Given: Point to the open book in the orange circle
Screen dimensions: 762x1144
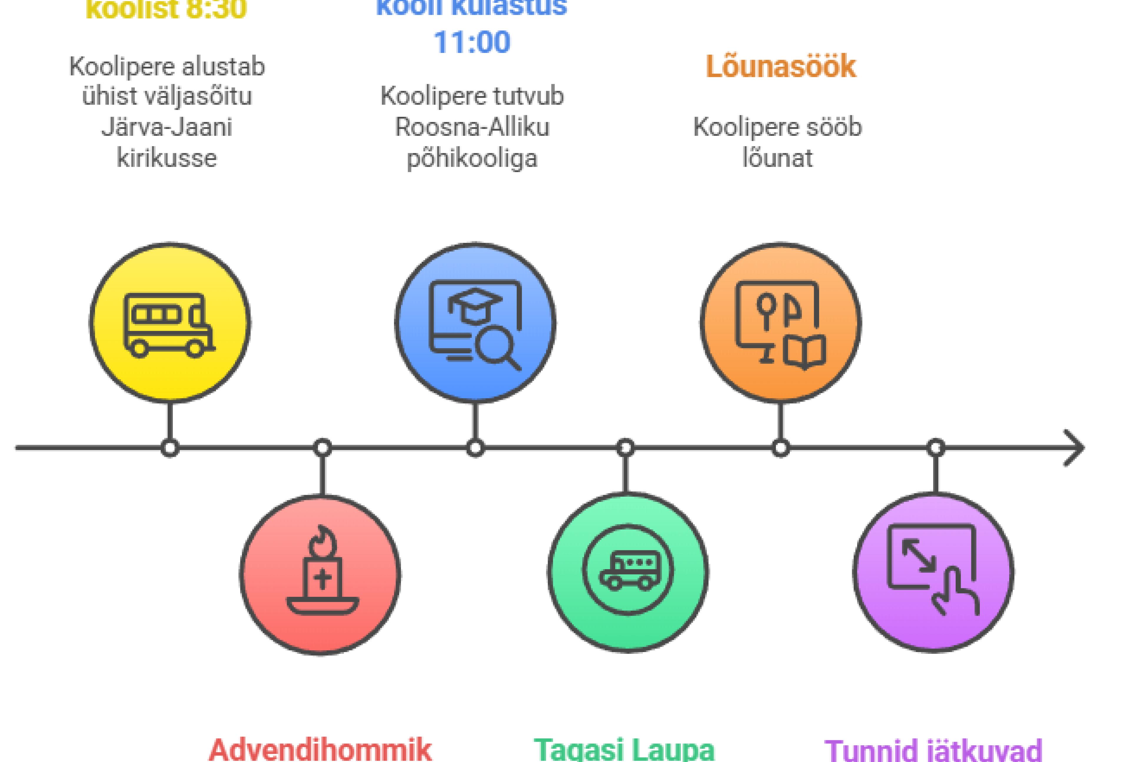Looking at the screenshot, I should pos(804,351).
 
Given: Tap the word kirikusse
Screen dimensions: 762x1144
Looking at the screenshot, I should pos(167,158).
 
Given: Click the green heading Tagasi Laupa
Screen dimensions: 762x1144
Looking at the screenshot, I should pos(624,750).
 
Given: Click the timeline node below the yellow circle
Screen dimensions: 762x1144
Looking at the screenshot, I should pos(170,447).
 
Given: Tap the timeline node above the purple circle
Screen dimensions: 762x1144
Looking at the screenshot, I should pos(935,447).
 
